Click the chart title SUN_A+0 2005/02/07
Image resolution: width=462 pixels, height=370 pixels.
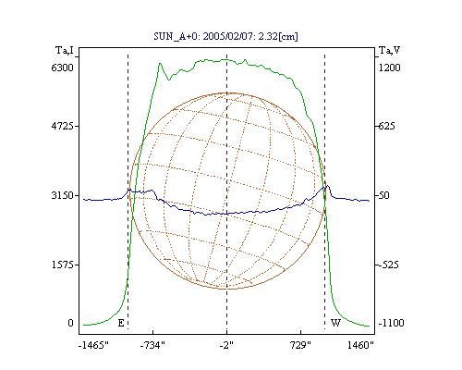[x=225, y=36]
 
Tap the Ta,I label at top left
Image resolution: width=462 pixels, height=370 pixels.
[x=65, y=50]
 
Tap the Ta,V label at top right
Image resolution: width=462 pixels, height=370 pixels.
[x=390, y=50]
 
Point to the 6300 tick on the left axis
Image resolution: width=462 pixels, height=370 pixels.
[x=63, y=68]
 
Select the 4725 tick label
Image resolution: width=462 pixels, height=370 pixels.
[x=63, y=126]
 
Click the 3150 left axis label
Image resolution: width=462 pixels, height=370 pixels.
[x=63, y=195]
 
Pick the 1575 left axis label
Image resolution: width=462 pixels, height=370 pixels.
[x=63, y=265]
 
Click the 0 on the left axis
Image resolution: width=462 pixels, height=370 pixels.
[x=70, y=323]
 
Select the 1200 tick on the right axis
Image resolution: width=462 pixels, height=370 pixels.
[x=389, y=68]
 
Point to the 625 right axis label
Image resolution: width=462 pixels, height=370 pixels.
[x=386, y=126]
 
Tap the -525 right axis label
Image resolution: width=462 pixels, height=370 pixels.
[x=389, y=265]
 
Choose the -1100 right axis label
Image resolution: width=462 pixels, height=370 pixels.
[x=391, y=323]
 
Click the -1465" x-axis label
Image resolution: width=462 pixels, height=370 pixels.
[x=93, y=345]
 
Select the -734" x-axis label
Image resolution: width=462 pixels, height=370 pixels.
[x=152, y=345]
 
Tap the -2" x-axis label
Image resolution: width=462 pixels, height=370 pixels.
[x=226, y=345]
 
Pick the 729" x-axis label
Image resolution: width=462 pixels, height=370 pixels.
[x=300, y=345]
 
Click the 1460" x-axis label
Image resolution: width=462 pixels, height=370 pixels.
[x=360, y=345]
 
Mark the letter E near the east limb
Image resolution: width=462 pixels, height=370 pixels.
[x=121, y=323]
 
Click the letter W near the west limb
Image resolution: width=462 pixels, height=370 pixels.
[x=335, y=323]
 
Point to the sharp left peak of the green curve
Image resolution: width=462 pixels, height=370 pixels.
[x=160, y=64]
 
